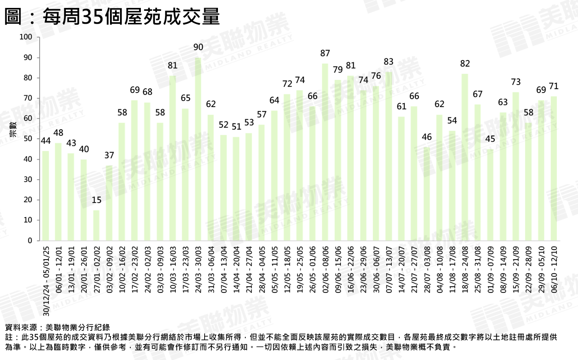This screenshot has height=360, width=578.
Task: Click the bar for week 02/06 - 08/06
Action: click(325, 152)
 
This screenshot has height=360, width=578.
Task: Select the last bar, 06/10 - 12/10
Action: click(554, 168)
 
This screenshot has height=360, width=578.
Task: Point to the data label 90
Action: click(198, 47)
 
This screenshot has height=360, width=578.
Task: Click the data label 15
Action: click(96, 200)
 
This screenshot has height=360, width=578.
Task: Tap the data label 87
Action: click(325, 53)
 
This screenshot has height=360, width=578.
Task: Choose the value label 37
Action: click(109, 155)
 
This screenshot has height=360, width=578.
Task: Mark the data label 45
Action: click(490, 139)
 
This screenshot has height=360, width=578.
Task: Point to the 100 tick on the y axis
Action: click(26, 37)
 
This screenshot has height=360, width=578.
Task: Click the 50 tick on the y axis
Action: click(28, 139)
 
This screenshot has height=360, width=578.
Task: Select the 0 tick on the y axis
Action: click(30, 241)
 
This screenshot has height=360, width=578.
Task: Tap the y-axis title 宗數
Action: click(13, 129)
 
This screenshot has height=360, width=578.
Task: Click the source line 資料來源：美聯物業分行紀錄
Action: click(58, 327)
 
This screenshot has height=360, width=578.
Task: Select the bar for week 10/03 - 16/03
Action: click(173, 158)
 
